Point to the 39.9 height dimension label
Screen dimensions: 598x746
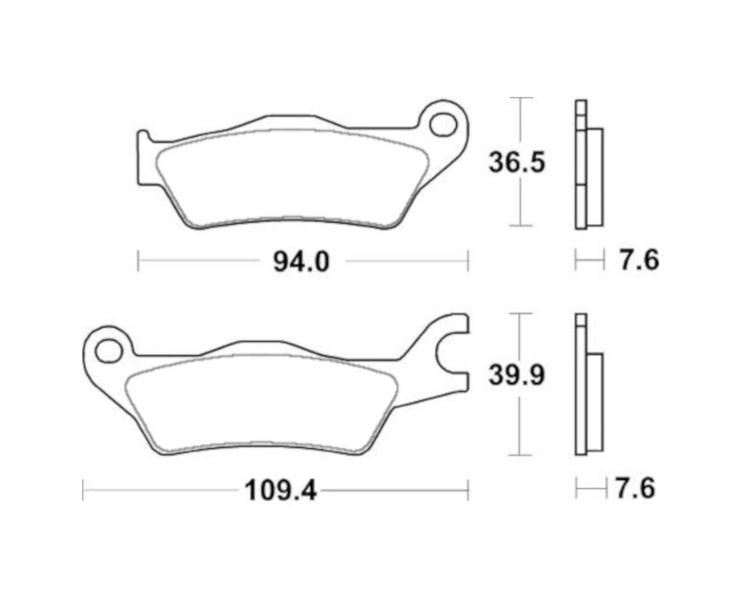(x=516, y=376)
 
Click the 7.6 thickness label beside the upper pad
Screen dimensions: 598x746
(x=639, y=261)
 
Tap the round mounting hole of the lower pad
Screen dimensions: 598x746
(x=109, y=350)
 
